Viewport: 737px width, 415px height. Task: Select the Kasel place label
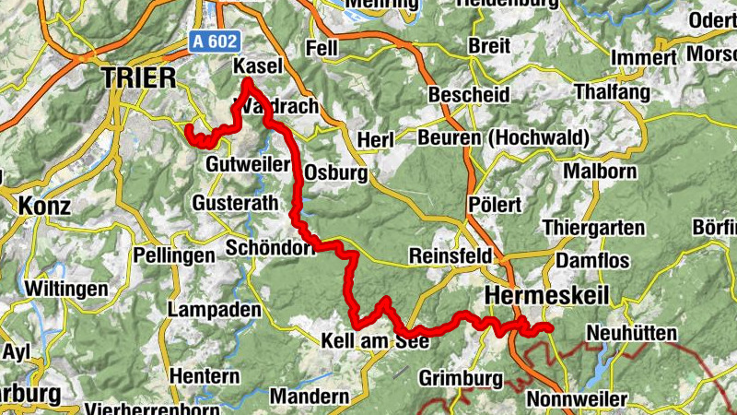pos(257,66)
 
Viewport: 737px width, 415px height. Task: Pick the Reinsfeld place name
pos(450,255)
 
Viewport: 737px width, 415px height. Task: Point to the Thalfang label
pos(613,93)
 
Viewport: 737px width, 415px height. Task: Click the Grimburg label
pos(461,378)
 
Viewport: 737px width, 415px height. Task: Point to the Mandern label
pos(310,397)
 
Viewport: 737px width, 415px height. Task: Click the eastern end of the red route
pos(549,327)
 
